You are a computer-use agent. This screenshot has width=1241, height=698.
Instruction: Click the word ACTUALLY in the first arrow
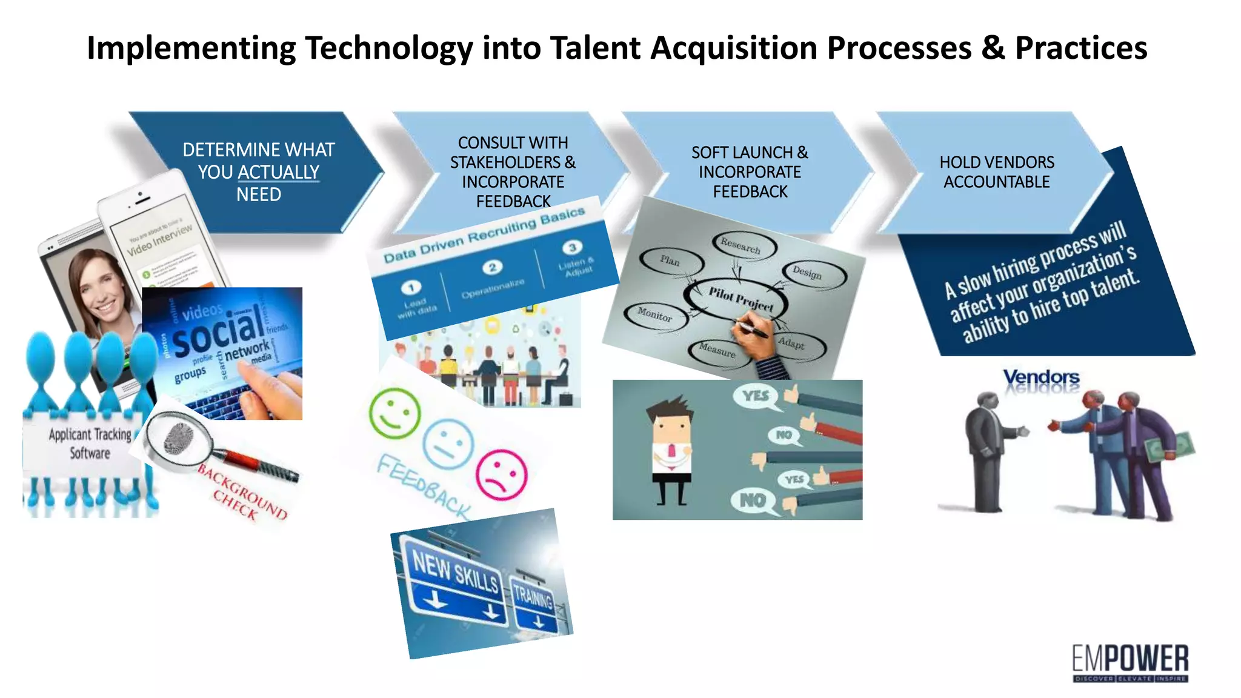tap(278, 172)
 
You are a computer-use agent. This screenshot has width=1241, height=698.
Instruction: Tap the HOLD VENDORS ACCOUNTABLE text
tap(996, 172)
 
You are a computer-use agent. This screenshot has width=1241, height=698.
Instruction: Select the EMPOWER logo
tap(1130, 662)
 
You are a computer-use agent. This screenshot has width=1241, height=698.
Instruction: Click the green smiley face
tap(394, 414)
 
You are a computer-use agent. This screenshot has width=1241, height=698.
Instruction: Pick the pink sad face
tap(501, 474)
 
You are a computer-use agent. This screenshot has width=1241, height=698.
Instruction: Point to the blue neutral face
tap(448, 444)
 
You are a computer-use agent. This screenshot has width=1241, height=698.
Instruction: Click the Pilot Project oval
tap(740, 299)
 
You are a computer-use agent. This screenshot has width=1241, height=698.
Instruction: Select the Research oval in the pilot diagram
tap(740, 245)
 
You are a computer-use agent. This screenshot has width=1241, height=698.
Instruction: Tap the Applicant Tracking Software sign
tap(89, 444)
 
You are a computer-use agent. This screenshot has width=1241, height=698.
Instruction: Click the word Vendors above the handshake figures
tap(1040, 376)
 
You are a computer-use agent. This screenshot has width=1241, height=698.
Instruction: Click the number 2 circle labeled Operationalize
tap(492, 267)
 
